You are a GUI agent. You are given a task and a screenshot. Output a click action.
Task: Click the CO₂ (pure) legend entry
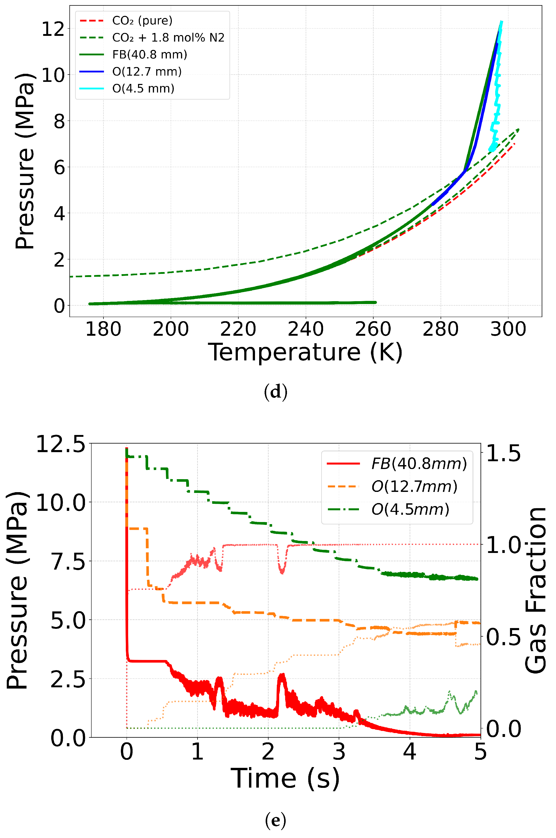coord(142,21)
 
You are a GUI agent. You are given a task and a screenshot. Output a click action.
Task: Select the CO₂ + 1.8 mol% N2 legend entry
coord(168,38)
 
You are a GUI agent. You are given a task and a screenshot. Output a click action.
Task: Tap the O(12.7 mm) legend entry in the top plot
coord(147,72)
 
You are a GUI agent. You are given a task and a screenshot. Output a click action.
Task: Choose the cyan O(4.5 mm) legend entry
coord(143,88)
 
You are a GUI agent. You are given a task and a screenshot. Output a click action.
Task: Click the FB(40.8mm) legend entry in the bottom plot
coord(419,464)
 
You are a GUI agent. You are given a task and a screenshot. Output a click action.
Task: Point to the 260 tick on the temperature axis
coord(373,329)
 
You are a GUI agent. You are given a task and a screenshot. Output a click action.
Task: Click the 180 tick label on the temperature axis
coord(103,329)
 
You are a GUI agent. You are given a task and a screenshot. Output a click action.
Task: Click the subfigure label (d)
coord(276,392)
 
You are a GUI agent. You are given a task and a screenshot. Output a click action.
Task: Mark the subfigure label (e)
coord(276,820)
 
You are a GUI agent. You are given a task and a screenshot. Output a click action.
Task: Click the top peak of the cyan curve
coord(501,22)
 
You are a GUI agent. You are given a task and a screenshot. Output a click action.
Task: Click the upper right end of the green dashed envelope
coord(518,129)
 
